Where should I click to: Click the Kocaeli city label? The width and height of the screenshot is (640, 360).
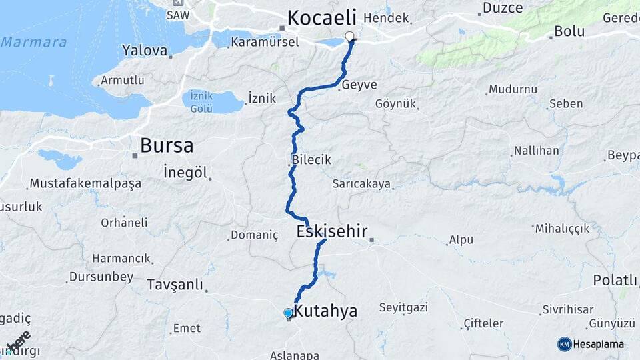click(322, 17)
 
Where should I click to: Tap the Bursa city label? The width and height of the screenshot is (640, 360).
click(167, 145)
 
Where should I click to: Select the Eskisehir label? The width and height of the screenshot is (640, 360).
click(332, 231)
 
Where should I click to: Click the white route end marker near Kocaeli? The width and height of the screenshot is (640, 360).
click(349, 36)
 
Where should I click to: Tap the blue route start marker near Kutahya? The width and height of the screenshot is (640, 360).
click(288, 313)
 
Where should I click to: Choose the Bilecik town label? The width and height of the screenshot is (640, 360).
click(311, 161)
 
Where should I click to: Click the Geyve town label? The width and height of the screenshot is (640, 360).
click(359, 85)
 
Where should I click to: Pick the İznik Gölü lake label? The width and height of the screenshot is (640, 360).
click(201, 101)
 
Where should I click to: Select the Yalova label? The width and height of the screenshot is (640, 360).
click(145, 50)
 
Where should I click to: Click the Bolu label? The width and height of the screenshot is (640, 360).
click(569, 32)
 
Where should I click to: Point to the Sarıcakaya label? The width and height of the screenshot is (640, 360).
click(362, 185)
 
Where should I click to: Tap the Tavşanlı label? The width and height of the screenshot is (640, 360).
click(175, 285)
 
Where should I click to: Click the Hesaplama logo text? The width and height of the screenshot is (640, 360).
click(598, 344)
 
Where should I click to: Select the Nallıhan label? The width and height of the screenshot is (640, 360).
click(537, 151)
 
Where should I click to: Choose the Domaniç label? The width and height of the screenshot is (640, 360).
click(254, 235)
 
